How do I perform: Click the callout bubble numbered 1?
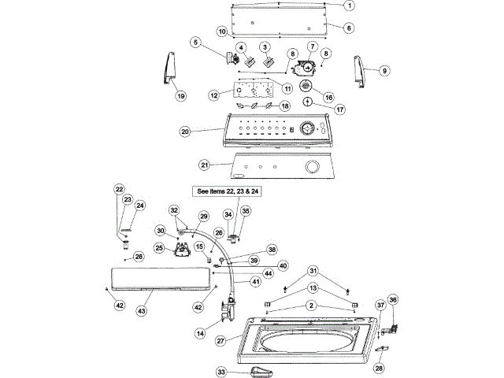coord(350,6)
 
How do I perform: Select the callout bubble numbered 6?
coord(349,28)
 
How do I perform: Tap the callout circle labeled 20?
coord(185,132)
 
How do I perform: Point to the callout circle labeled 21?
coord(205,165)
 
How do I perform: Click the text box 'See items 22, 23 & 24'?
coord(228,191)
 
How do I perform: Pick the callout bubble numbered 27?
coord(220,341)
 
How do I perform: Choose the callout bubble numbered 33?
coord(221,372)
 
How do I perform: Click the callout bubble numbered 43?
coord(142,311)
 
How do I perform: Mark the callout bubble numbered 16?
coord(329,97)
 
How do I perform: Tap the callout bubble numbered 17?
coord(340,109)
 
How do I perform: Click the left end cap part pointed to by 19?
coord(170,69)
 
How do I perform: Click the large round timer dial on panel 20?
coord(308,129)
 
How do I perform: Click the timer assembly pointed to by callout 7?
coord(304,68)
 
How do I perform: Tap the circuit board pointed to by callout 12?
coord(254,91)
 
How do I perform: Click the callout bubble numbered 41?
coord(256,282)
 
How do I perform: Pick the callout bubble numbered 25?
coord(159,248)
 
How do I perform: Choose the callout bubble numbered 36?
coord(393,300)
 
